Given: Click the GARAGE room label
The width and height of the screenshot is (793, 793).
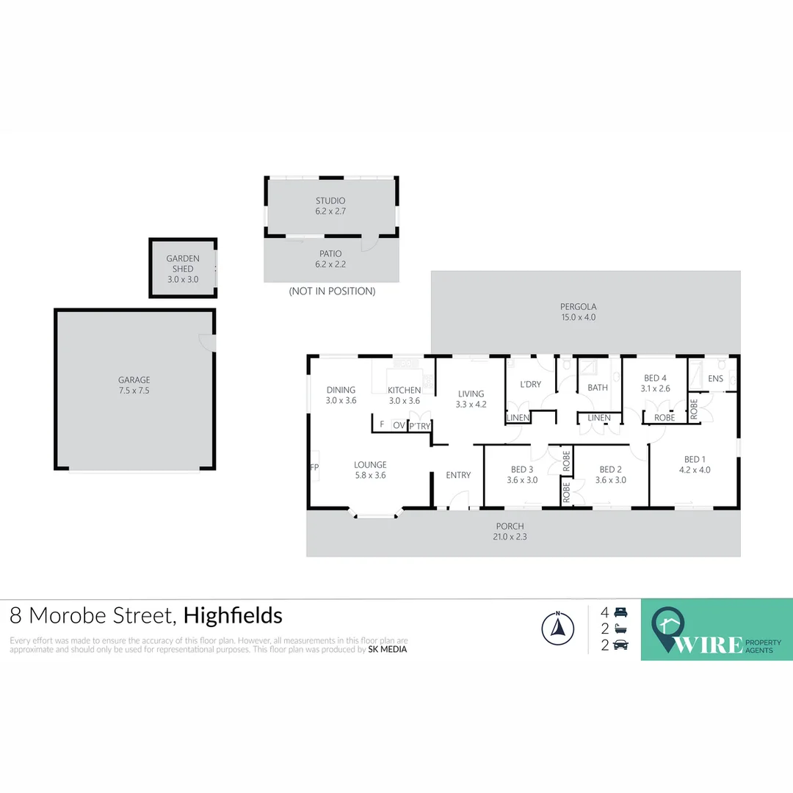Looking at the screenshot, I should click(134, 380).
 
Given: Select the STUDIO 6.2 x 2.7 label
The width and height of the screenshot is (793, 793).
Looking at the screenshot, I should click(330, 206).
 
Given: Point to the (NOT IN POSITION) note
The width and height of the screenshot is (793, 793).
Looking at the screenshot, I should click(332, 292).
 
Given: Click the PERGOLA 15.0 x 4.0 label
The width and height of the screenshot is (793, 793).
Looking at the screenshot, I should click(579, 312).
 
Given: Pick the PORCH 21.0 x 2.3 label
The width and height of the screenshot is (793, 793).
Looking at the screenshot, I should click(510, 531).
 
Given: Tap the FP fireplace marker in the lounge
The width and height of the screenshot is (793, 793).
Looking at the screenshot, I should click(314, 467).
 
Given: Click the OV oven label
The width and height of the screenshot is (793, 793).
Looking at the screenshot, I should click(399, 425).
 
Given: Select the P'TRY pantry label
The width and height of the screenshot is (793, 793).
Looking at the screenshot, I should click(420, 426).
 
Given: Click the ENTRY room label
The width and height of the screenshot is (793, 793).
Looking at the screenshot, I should click(458, 475).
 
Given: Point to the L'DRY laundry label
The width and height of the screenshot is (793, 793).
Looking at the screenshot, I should click(530, 385).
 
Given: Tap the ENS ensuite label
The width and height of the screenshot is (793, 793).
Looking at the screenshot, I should click(715, 379).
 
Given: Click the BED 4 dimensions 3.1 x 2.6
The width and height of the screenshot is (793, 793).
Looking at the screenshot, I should click(655, 389).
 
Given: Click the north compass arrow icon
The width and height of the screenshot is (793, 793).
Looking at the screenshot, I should click(557, 628).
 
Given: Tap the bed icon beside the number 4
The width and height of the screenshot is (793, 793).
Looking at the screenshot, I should click(620, 612).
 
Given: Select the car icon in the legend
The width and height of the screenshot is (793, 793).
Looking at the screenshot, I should click(620, 645).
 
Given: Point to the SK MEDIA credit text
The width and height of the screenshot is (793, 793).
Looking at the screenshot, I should click(388, 649).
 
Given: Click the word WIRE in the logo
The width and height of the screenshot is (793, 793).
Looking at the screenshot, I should click(708, 644).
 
